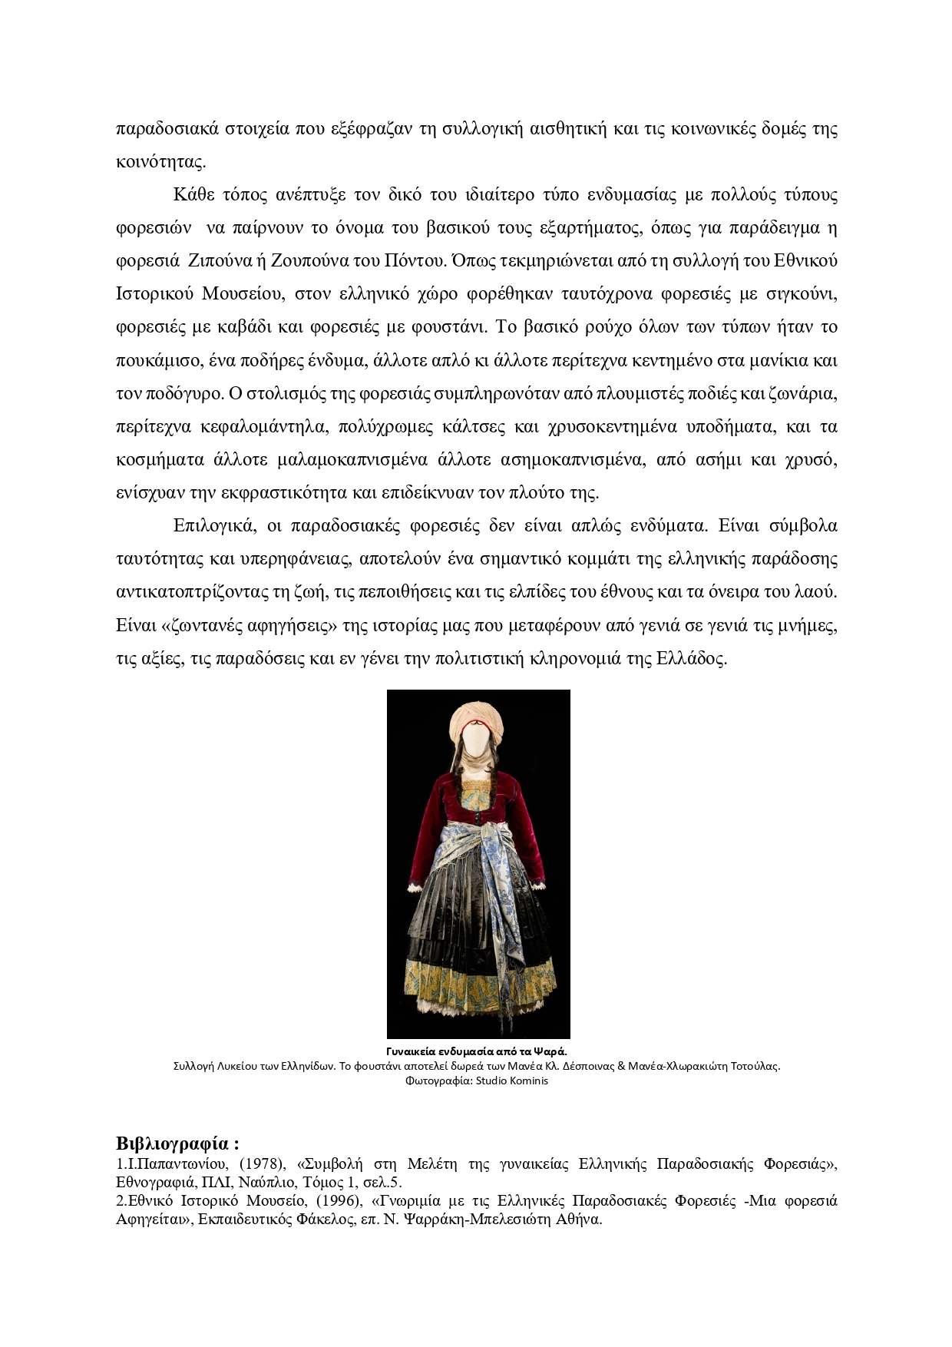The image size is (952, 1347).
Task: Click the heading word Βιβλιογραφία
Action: [172, 1142]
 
